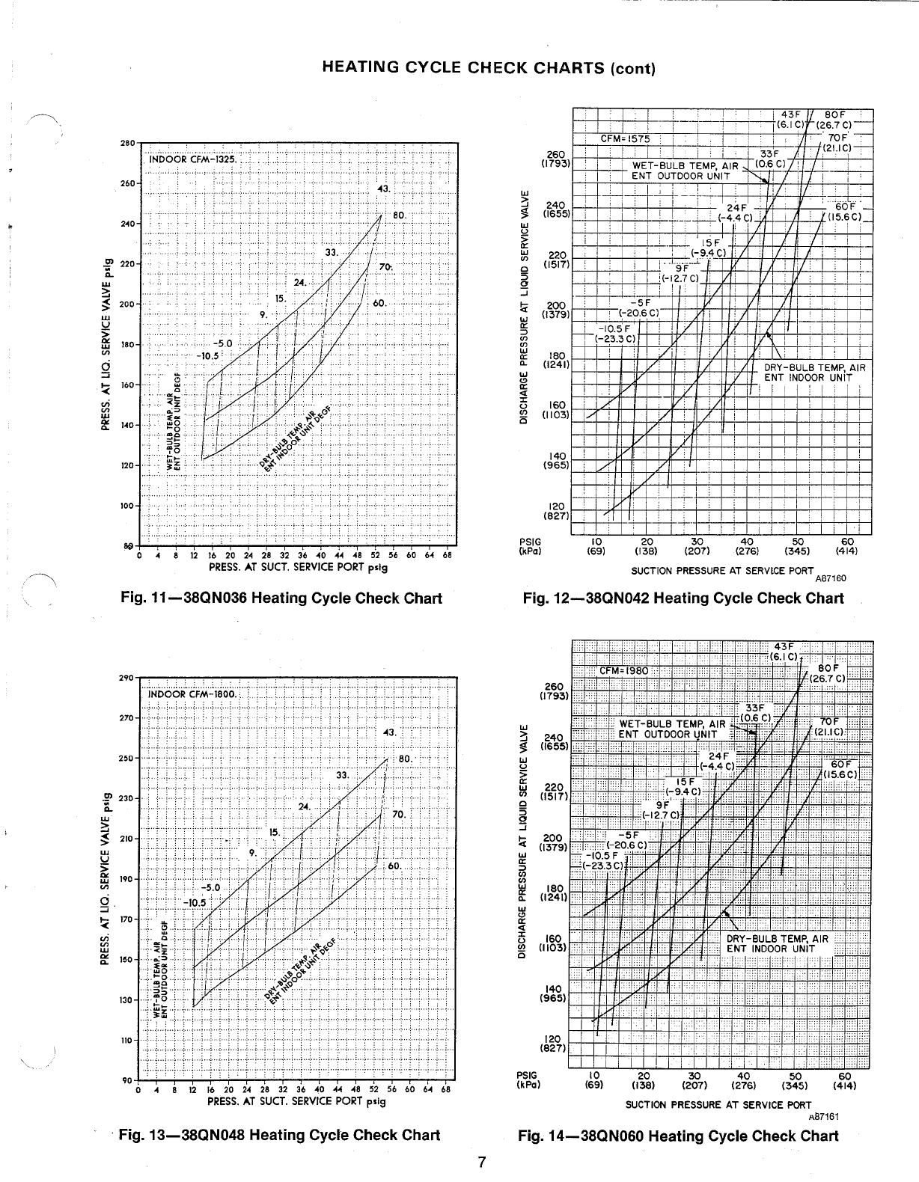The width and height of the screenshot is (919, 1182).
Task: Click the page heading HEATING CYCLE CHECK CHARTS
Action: (488, 68)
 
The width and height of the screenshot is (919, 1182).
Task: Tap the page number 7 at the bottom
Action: (483, 1162)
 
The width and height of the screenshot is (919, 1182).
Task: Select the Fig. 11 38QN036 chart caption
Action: (281, 598)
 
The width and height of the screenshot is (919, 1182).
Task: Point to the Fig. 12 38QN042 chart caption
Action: (683, 598)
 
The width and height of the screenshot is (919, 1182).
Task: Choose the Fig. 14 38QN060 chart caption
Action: (679, 1136)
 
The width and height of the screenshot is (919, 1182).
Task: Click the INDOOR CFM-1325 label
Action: (192, 159)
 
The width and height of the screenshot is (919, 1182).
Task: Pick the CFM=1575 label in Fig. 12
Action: (626, 138)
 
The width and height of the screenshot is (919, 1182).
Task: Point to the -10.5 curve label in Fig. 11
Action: (207, 355)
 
